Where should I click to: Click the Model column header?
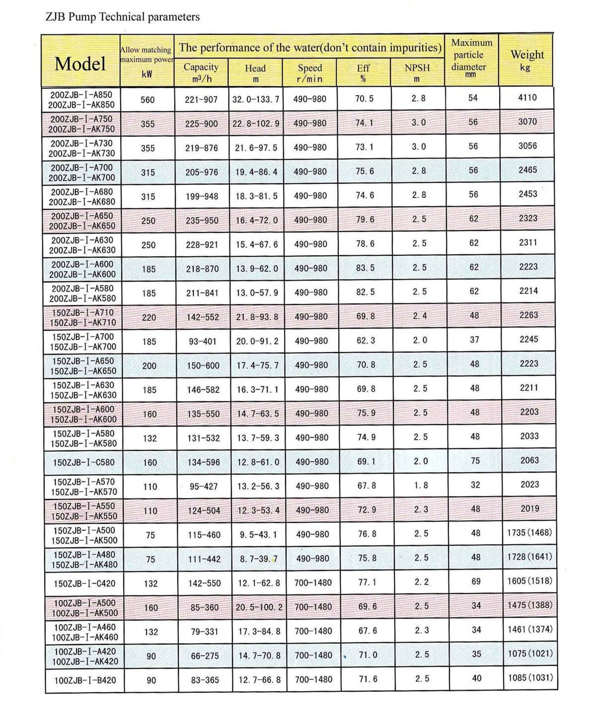pyautogui.click(x=80, y=64)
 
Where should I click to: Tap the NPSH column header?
pyautogui.click(x=417, y=72)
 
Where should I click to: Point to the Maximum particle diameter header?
pyautogui.click(x=471, y=58)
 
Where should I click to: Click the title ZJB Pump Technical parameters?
pyautogui.click(x=123, y=17)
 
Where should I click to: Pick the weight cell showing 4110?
pyautogui.click(x=527, y=98)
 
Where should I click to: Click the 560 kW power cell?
pyautogui.click(x=148, y=100)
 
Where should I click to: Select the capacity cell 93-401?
pyautogui.click(x=202, y=342)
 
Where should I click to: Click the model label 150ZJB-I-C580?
pyautogui.click(x=83, y=463)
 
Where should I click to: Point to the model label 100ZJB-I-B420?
pyautogui.click(x=85, y=680)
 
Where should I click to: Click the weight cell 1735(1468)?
pyautogui.click(x=529, y=533)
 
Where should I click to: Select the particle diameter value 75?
pyautogui.click(x=475, y=461)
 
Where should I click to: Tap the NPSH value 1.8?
pyautogui.click(x=420, y=485)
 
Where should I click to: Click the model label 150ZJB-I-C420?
pyautogui.click(x=84, y=583)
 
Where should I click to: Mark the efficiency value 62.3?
pyautogui.click(x=366, y=341)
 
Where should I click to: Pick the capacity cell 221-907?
pyautogui.click(x=201, y=100)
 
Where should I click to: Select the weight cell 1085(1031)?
pyautogui.click(x=530, y=677)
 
